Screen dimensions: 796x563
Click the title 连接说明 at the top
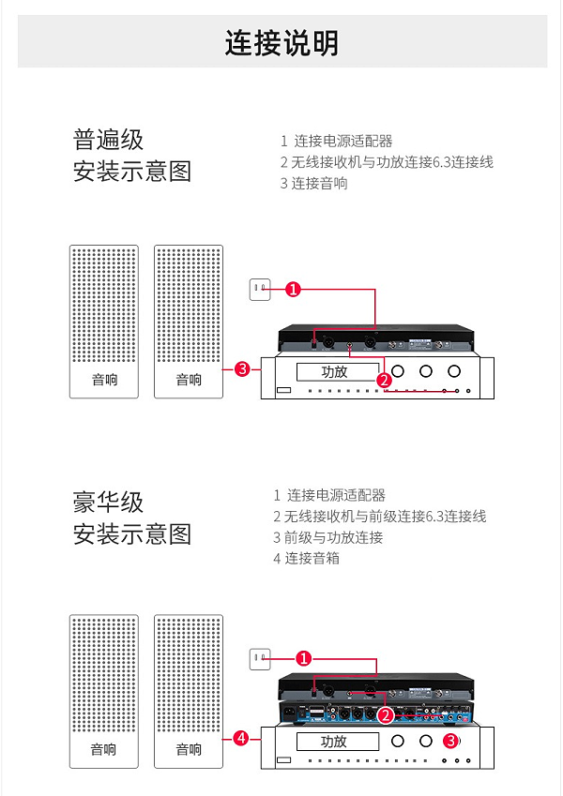281,43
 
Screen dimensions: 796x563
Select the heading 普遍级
109,140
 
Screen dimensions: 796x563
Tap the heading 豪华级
109,502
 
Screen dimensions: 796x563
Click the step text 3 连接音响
313,183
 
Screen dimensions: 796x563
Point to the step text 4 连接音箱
306,558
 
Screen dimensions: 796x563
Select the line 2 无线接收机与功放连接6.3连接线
386,161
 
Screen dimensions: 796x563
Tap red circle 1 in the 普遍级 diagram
293,290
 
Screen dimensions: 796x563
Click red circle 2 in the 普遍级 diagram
384,380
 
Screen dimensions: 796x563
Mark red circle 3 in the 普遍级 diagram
242,369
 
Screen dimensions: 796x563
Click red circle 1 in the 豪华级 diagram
303,658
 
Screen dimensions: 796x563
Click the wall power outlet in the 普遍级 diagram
259,290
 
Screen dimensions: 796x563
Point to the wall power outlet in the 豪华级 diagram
259,659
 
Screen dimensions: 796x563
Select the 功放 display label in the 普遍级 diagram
334,371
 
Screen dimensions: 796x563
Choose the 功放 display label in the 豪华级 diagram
334,741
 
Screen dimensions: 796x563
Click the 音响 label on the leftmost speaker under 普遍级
104,380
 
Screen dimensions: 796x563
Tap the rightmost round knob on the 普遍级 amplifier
455,371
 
